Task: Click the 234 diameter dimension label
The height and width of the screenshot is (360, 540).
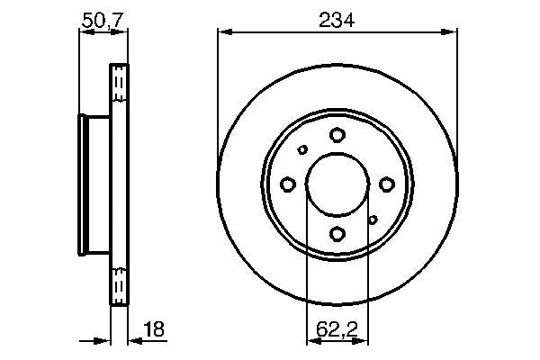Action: pyautogui.click(x=337, y=20)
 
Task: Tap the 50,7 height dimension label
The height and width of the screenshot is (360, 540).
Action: pyautogui.click(x=103, y=20)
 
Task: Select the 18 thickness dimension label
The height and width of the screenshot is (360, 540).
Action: pyautogui.click(x=154, y=329)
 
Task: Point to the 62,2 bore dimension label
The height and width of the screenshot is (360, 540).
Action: pyautogui.click(x=337, y=329)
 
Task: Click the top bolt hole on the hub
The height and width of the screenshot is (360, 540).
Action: pyautogui.click(x=337, y=135)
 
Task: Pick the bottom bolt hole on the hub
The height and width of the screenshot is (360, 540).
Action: pyautogui.click(x=337, y=234)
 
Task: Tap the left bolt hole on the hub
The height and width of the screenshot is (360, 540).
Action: pyautogui.click(x=288, y=184)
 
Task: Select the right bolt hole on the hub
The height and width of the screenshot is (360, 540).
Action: pyautogui.click(x=386, y=184)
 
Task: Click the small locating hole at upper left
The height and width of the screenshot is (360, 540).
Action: pyautogui.click(x=302, y=150)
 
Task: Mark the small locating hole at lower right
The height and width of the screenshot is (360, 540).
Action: pyautogui.click(x=373, y=220)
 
